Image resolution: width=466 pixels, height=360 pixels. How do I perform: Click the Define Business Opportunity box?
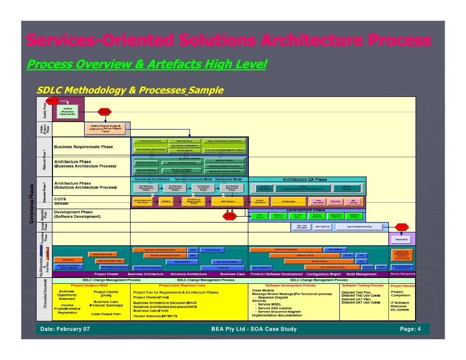point(68,111)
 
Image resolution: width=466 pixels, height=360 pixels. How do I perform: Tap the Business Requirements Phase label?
point(84,147)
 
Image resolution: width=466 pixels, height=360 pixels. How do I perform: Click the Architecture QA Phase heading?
point(305,180)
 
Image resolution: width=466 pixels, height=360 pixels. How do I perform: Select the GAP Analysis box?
point(227,202)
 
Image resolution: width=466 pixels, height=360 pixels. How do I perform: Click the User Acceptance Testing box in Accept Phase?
point(360,227)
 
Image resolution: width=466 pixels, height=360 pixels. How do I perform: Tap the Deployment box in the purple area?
point(402,239)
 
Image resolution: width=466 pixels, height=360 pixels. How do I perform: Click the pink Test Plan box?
point(335,202)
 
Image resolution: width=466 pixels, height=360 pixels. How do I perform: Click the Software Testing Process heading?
point(363,285)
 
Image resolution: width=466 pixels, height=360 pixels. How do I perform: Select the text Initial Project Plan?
point(106,314)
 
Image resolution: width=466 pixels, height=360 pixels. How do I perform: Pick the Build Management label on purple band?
point(362,274)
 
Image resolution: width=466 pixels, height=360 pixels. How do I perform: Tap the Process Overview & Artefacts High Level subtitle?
point(146,64)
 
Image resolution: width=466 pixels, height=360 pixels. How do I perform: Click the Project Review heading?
point(403,285)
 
